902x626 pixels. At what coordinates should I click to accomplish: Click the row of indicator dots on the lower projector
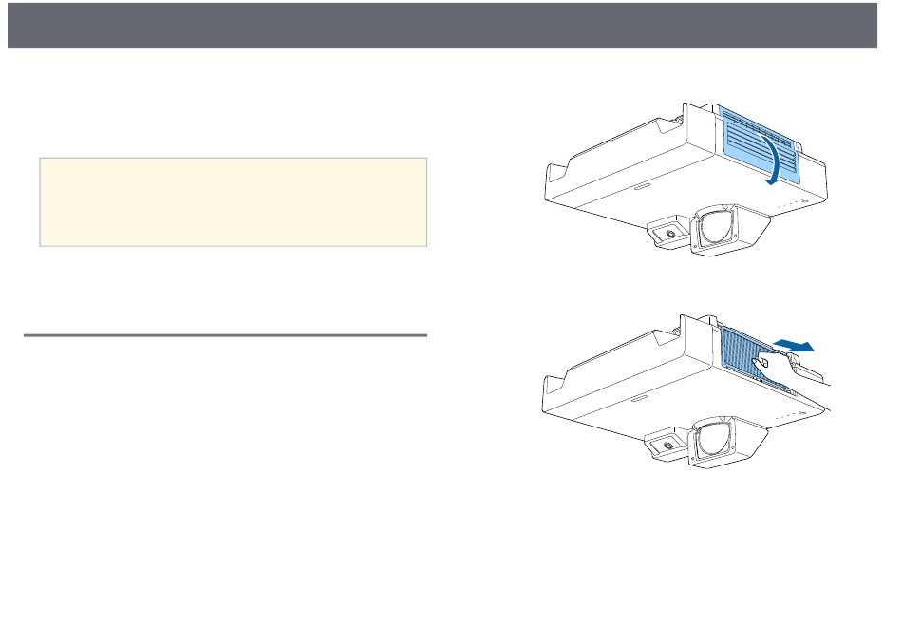click(788, 415)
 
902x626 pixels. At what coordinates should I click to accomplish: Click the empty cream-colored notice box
click(233, 202)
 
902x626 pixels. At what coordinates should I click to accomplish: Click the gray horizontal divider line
click(224, 334)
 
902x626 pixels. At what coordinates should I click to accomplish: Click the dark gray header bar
click(451, 25)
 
